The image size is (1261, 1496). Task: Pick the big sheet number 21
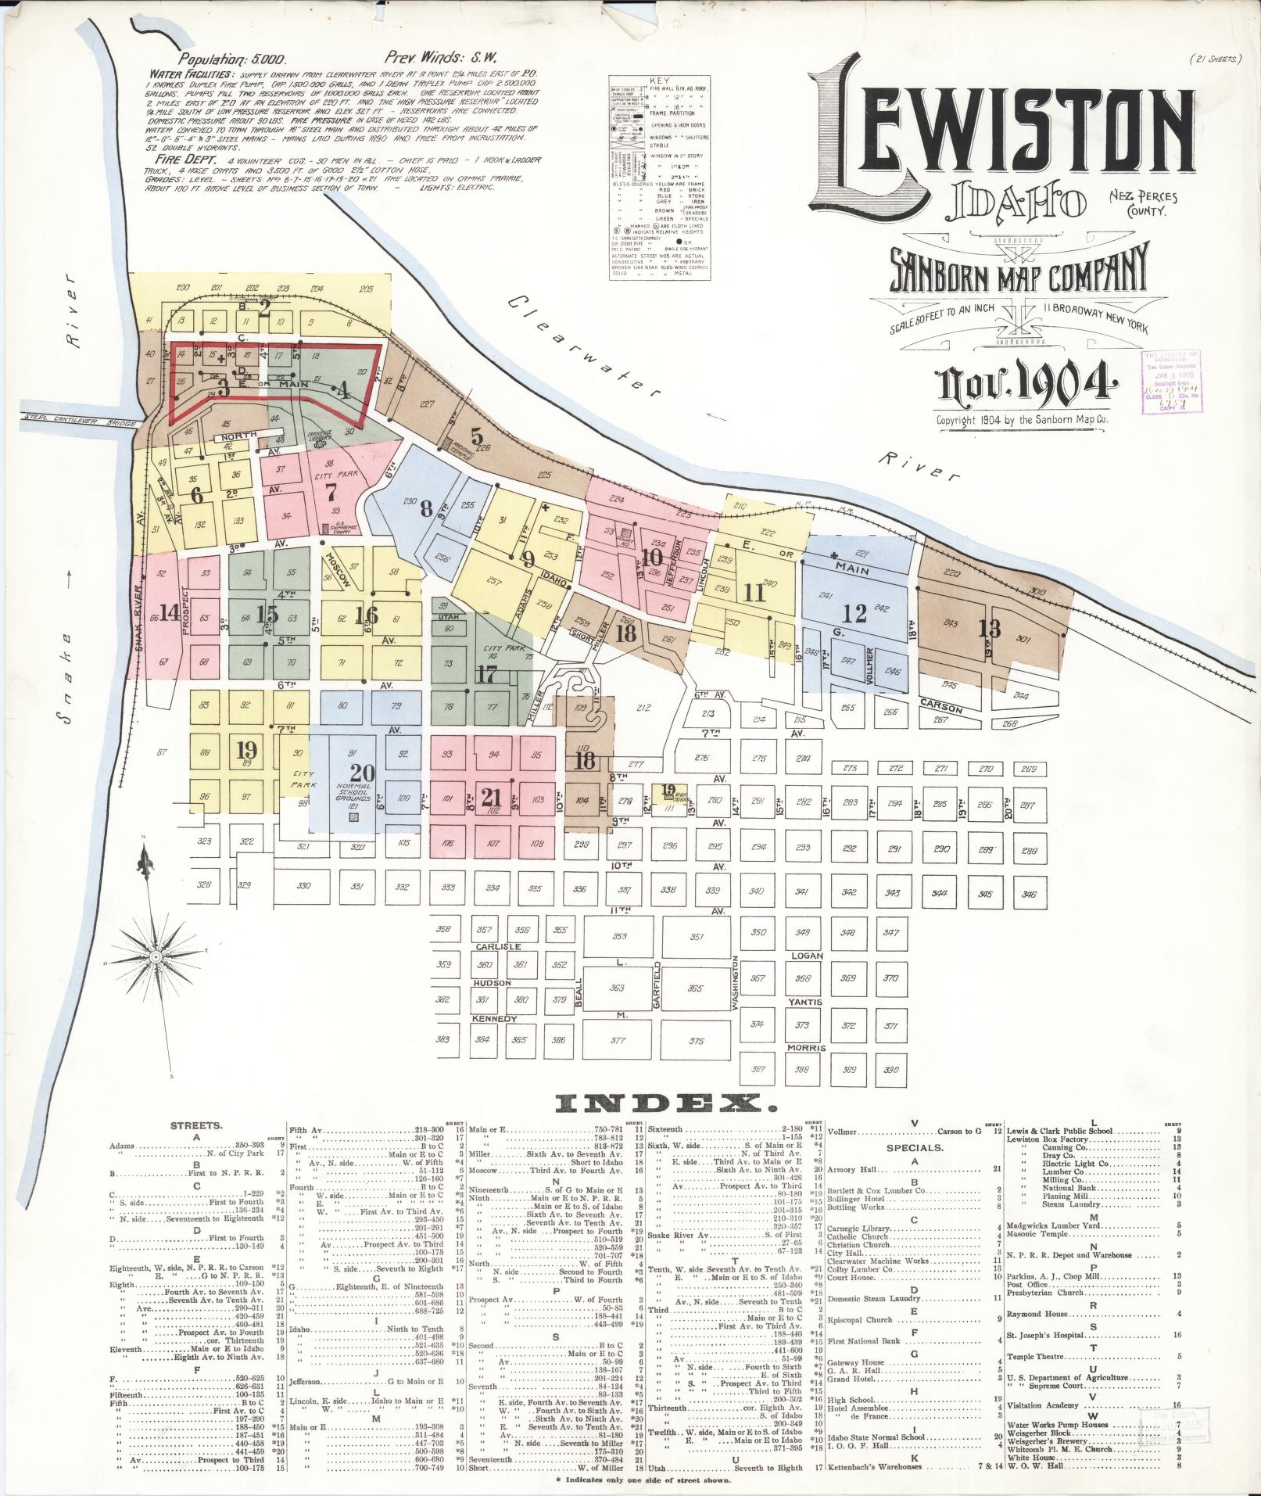[x=491, y=797]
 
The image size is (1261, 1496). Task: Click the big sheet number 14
[x=168, y=612]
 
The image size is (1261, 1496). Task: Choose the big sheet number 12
[x=855, y=614]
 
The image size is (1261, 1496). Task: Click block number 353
[x=619, y=936]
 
